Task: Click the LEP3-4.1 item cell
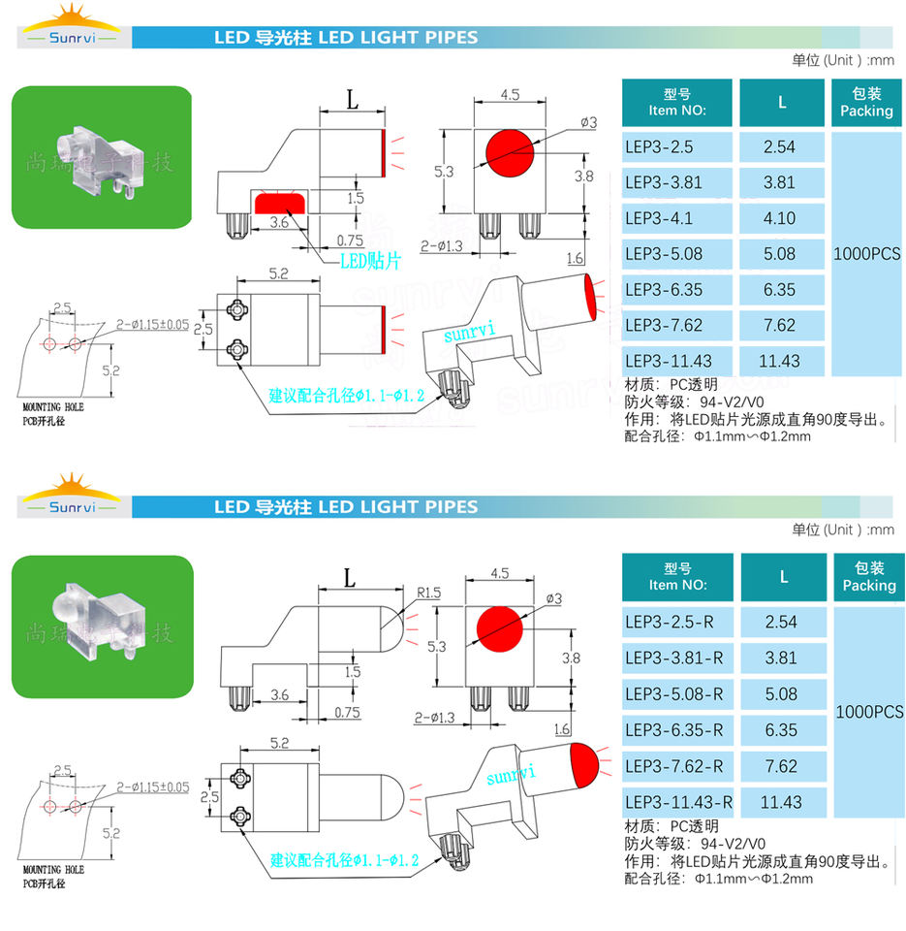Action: (676, 218)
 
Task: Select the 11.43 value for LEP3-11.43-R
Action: (781, 802)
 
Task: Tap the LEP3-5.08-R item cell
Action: (676, 694)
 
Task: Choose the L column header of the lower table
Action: (783, 576)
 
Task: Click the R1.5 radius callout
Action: (429, 592)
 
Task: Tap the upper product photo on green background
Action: (102, 157)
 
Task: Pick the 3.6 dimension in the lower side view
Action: (279, 694)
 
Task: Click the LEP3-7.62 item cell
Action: (676, 325)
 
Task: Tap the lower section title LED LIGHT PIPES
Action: (346, 506)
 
